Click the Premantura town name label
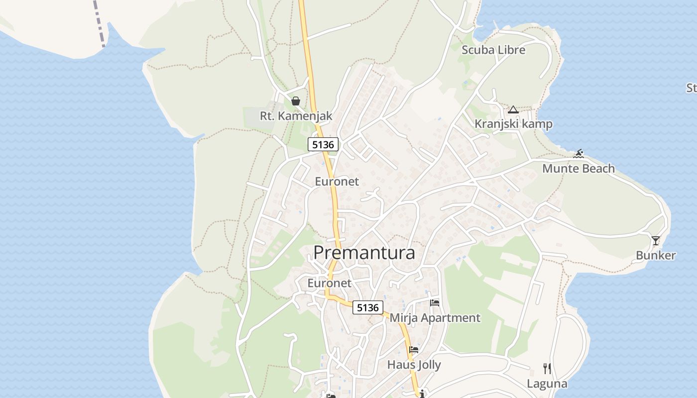(x=364, y=252)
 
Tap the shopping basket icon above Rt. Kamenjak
(x=296, y=101)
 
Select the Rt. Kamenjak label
(x=296, y=116)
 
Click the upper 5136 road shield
(x=323, y=145)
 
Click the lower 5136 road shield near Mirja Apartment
(x=368, y=307)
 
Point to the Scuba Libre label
(x=493, y=50)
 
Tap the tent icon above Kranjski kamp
(x=513, y=109)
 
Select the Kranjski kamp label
(x=513, y=124)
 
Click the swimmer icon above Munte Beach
(x=578, y=154)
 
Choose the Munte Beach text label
(x=578, y=169)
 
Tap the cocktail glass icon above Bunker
(x=656, y=241)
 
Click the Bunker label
(x=656, y=256)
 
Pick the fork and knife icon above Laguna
(x=547, y=369)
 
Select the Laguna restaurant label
(x=547, y=384)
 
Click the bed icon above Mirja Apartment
(x=435, y=302)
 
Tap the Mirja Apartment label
(x=435, y=318)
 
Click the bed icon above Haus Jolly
(x=414, y=350)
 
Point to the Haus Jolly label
(x=414, y=365)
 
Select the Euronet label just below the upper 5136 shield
(x=337, y=182)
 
